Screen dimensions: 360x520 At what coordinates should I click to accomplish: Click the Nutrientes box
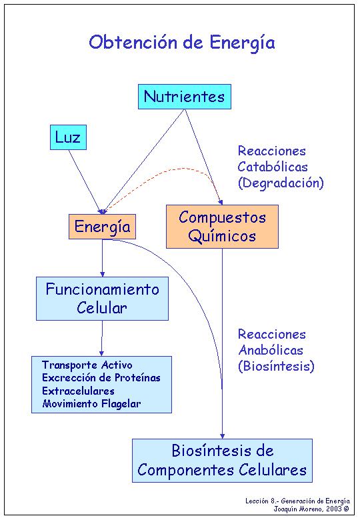coord(184,97)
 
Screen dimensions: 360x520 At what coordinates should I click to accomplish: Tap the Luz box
coord(68,137)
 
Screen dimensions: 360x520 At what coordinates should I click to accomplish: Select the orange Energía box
coord(102,227)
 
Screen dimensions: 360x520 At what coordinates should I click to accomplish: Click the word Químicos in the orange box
coord(222,237)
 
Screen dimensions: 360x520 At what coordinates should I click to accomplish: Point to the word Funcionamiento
coord(103,289)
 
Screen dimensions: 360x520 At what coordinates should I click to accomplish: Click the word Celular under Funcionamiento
coord(102,308)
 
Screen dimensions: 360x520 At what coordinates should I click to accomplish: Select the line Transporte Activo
coord(87,365)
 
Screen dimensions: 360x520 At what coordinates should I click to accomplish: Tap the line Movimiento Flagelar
coord(91,403)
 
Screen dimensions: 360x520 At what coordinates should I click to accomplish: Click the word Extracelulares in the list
coord(78,391)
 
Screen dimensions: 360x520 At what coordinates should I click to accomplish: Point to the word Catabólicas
coord(273,167)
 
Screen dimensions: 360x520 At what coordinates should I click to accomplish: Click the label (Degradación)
coord(281,183)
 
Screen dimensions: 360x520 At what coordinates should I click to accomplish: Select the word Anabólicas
coord(271,350)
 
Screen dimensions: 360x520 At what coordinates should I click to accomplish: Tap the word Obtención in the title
coord(133,42)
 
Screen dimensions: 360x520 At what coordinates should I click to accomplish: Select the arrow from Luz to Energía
coord(85,181)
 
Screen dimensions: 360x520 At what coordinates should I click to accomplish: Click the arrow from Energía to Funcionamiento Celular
coord(103,258)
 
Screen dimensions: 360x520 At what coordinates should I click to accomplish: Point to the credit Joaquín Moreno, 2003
coord(311,509)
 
